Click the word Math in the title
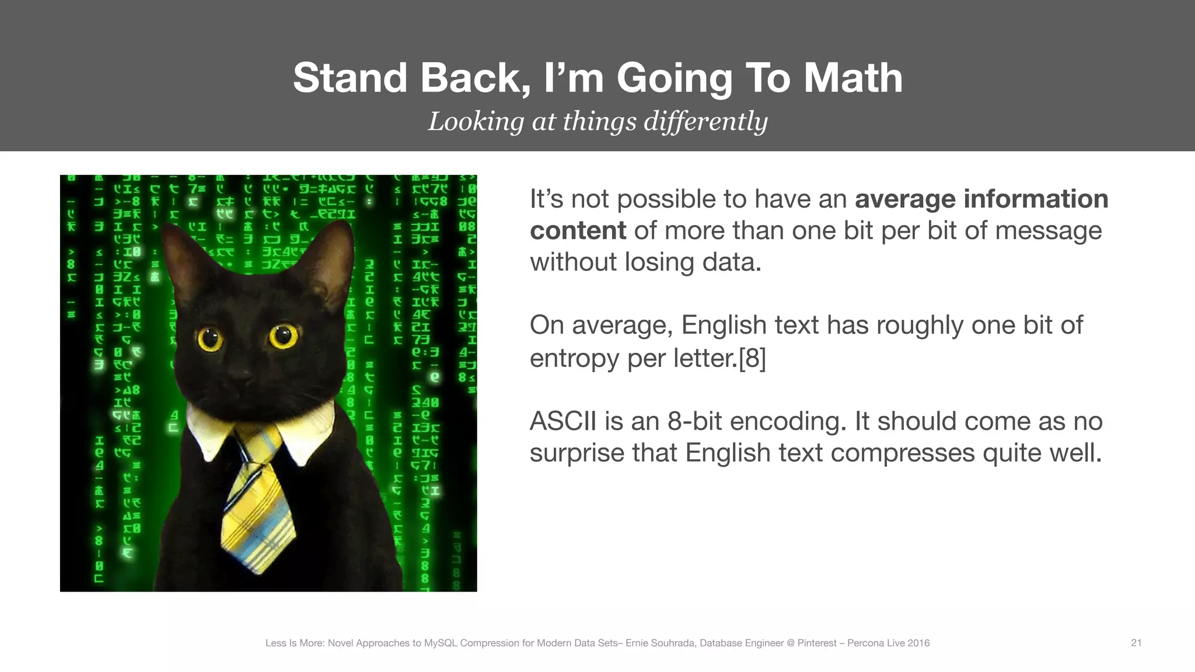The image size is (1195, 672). click(852, 78)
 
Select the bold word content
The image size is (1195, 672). click(578, 230)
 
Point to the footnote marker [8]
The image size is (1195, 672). click(752, 358)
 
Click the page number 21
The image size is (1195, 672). click(1135, 643)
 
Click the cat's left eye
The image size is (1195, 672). click(209, 339)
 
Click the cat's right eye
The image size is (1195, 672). click(283, 335)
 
